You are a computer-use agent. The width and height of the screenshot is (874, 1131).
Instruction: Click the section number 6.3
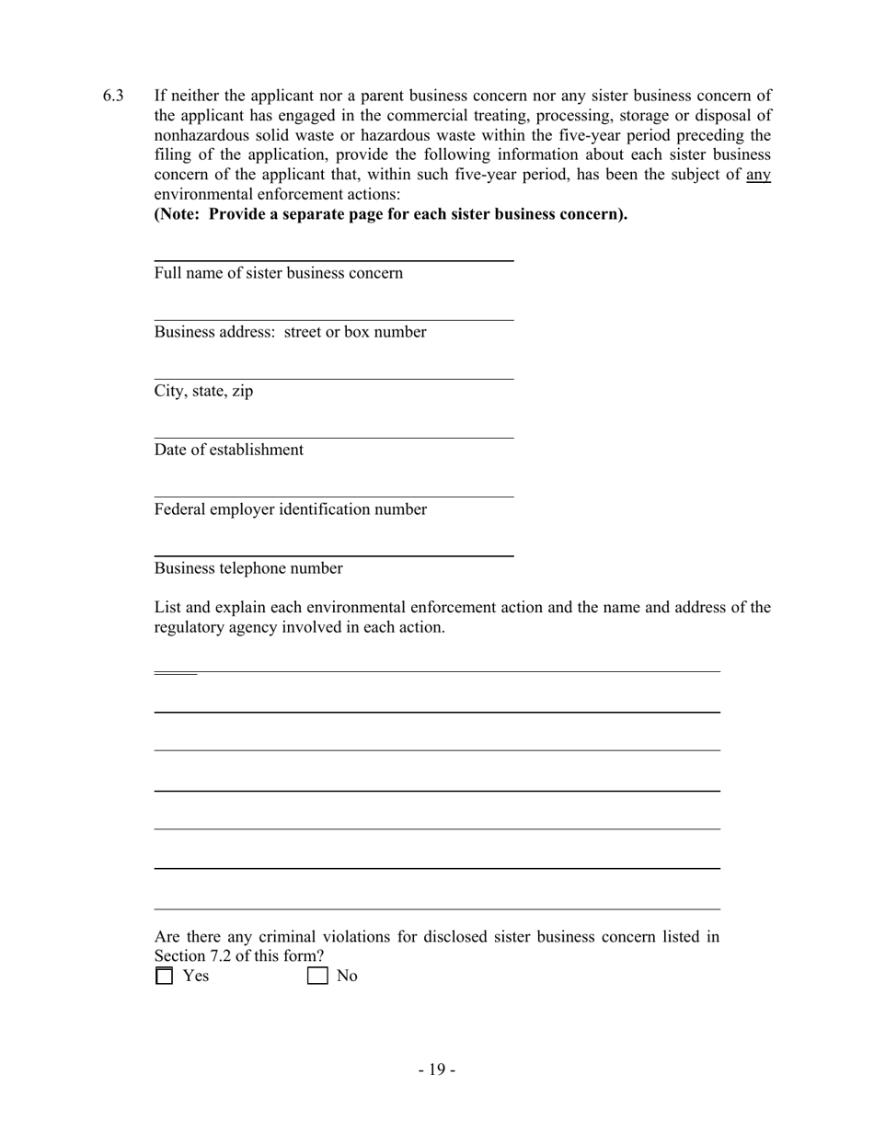pos(113,96)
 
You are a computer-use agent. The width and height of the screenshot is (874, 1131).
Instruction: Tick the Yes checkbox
pos(164,976)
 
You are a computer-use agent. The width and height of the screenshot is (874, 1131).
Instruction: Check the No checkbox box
pos(317,976)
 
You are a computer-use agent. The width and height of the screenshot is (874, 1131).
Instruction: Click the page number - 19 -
pos(436,1069)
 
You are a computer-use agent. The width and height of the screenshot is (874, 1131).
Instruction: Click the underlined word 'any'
pos(758,175)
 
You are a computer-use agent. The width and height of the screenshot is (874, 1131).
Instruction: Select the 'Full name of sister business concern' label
pos(278,273)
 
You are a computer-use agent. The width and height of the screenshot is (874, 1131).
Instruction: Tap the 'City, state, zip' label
pos(203,391)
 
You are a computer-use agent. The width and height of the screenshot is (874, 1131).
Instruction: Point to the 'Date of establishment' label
pos(228,450)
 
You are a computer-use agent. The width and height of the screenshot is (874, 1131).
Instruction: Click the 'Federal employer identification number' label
pos(290,509)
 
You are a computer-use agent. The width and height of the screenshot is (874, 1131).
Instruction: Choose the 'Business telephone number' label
pos(248,568)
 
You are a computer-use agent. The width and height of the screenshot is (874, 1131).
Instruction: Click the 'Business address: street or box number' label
pos(290,332)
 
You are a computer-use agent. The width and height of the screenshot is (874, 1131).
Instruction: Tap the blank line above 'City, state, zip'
pos(333,378)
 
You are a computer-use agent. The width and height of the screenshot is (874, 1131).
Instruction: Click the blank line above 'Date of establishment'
pos(333,438)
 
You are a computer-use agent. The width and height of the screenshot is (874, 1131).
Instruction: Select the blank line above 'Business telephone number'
pos(333,555)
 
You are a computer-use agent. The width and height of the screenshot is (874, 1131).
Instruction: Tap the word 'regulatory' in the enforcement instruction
pos(189,628)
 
